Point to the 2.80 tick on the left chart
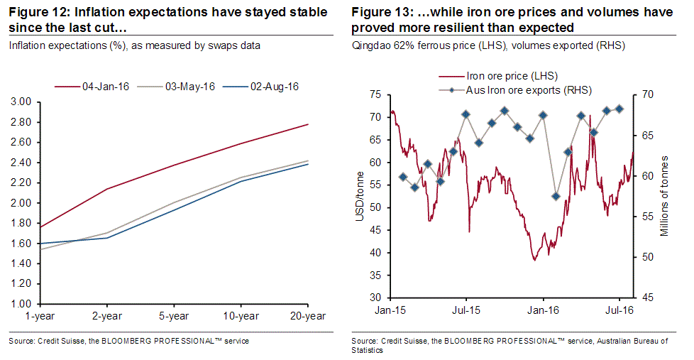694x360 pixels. (21, 122)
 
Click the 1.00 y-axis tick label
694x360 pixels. (21, 305)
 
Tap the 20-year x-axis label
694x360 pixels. (308, 316)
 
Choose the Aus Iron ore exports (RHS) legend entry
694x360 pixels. (528, 90)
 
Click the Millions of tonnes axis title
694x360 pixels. (666, 196)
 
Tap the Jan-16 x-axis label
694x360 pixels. (541, 310)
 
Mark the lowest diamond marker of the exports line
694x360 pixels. (556, 196)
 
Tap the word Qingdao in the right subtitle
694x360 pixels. (371, 45)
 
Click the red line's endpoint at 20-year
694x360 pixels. (308, 124)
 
